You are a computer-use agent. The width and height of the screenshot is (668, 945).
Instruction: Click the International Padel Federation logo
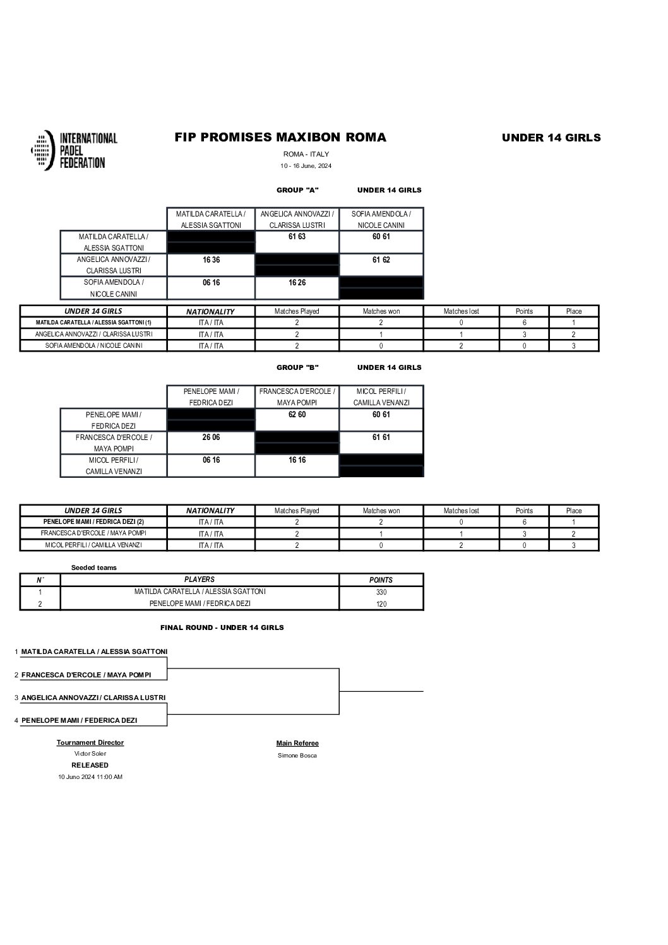click(74, 150)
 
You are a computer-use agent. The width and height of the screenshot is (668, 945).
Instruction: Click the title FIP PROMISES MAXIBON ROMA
click(280, 138)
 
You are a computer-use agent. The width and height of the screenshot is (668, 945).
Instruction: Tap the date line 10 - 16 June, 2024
click(306, 166)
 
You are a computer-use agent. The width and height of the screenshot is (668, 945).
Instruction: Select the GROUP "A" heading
click(297, 190)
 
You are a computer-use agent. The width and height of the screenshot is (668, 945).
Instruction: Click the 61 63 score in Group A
click(297, 237)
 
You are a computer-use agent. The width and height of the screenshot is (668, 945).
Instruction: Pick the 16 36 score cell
click(211, 260)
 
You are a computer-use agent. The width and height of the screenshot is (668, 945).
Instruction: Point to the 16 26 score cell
click(297, 283)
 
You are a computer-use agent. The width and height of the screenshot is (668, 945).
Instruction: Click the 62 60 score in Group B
click(297, 415)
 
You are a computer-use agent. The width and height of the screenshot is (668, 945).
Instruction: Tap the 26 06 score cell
click(211, 437)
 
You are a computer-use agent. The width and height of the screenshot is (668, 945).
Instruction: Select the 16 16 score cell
click(297, 460)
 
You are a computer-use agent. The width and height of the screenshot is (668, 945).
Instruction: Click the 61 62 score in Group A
click(381, 260)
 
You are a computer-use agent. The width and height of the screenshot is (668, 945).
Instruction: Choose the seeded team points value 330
click(381, 592)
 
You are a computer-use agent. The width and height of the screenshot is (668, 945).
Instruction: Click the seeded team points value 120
click(381, 604)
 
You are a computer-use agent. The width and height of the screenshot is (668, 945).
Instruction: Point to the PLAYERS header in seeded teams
click(200, 579)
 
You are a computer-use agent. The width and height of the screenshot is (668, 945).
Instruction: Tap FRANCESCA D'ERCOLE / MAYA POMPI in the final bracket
click(86, 675)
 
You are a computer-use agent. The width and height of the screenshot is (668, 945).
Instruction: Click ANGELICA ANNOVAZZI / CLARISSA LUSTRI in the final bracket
click(93, 698)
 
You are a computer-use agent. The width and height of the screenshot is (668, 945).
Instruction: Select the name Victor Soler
click(90, 754)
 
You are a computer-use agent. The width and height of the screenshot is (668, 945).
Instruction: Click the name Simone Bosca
click(297, 756)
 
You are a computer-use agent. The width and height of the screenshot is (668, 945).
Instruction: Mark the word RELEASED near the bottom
click(90, 765)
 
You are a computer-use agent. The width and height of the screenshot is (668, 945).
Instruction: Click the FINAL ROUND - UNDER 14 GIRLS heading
click(222, 627)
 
